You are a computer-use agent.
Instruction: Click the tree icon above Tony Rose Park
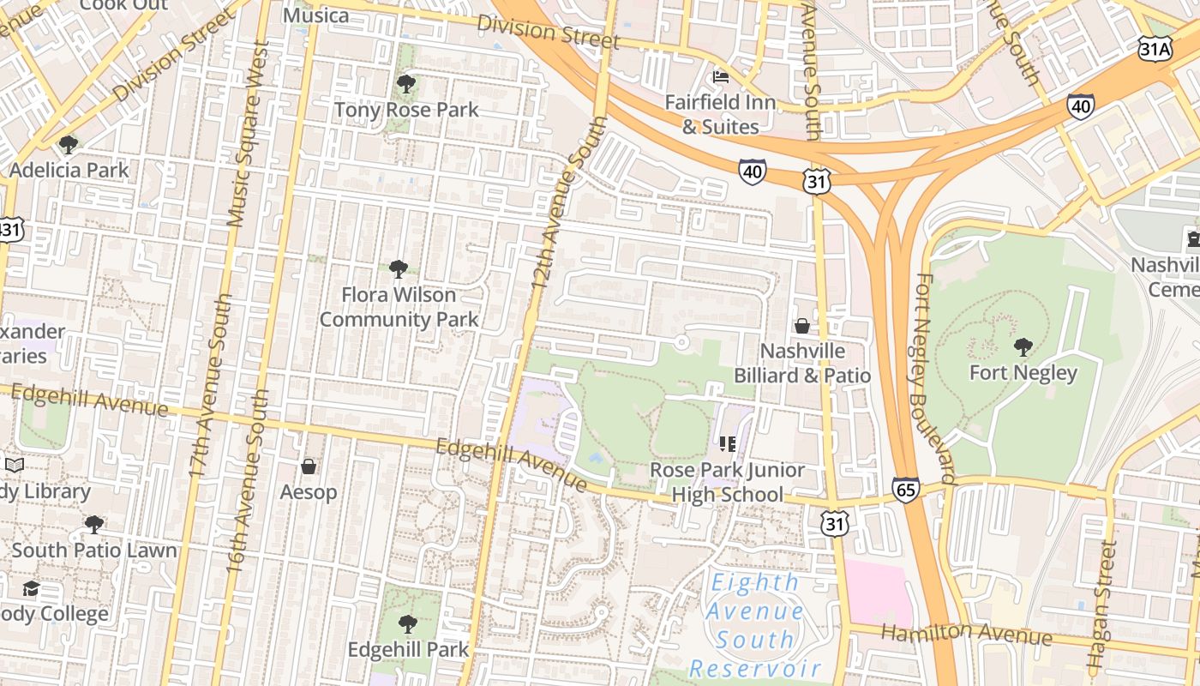pyautogui.click(x=406, y=84)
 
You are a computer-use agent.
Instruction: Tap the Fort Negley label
pyautogui.click(x=1023, y=373)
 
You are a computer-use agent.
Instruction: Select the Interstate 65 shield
pyautogui.click(x=905, y=490)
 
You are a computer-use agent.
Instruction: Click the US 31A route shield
pyautogui.click(x=1155, y=48)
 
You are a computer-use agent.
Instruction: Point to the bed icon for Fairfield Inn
pyautogui.click(x=721, y=77)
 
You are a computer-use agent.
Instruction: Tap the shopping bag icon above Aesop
pyautogui.click(x=309, y=466)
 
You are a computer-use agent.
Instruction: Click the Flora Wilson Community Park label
pyautogui.click(x=399, y=307)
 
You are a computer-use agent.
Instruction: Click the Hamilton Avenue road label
pyautogui.click(x=967, y=635)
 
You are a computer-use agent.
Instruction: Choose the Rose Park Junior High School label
pyautogui.click(x=727, y=482)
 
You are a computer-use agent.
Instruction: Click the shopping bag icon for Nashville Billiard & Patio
pyautogui.click(x=802, y=326)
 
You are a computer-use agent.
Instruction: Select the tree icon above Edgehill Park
pyautogui.click(x=408, y=623)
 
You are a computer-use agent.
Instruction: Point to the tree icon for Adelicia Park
pyautogui.click(x=69, y=144)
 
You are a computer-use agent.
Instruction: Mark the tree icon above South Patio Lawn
pyautogui.click(x=94, y=524)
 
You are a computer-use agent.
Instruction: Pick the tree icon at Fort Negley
pyautogui.click(x=1023, y=346)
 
